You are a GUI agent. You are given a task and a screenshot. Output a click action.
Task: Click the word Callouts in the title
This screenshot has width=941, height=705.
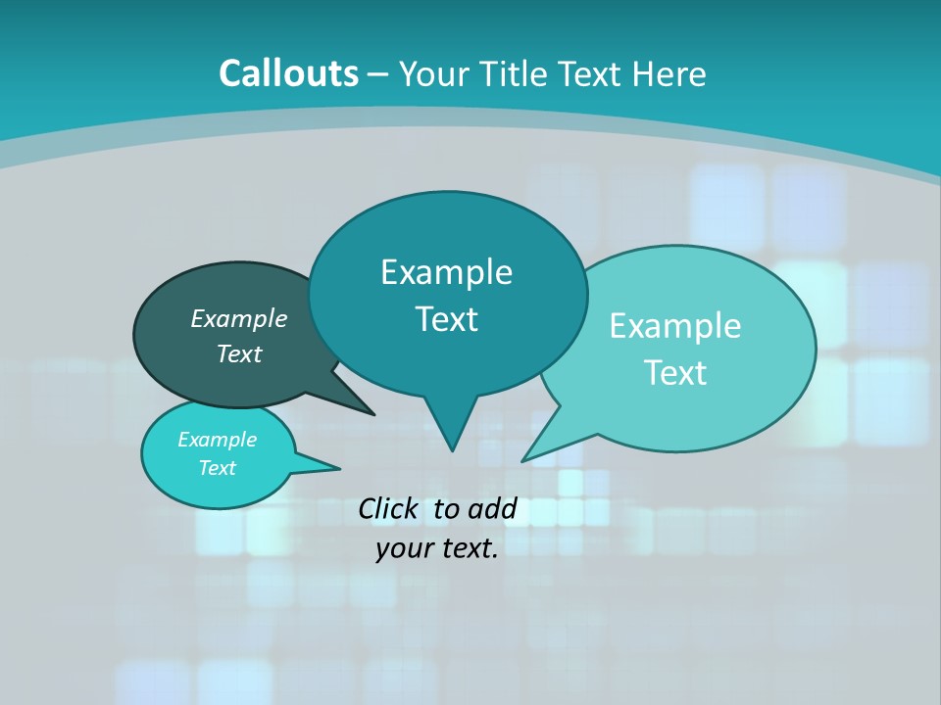tap(288, 73)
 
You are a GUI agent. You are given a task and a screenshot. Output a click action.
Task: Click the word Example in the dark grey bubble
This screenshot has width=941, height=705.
tap(239, 318)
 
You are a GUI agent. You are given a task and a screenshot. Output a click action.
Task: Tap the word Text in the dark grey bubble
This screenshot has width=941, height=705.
tap(239, 353)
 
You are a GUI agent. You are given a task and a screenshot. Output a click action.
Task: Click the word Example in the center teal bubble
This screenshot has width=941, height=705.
tap(446, 271)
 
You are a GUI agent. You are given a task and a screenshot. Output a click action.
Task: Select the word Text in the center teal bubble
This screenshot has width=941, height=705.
tap(446, 319)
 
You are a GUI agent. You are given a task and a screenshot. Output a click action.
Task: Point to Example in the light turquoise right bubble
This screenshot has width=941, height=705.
tap(675, 325)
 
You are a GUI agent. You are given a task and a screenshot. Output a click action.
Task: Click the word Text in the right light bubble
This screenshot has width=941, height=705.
tap(675, 372)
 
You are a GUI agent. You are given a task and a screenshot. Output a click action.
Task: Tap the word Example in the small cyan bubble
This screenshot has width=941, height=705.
tap(217, 440)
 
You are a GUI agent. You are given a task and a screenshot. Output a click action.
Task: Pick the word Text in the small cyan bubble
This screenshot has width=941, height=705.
tap(217, 468)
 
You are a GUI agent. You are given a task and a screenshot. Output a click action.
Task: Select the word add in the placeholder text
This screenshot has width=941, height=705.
tap(492, 508)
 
